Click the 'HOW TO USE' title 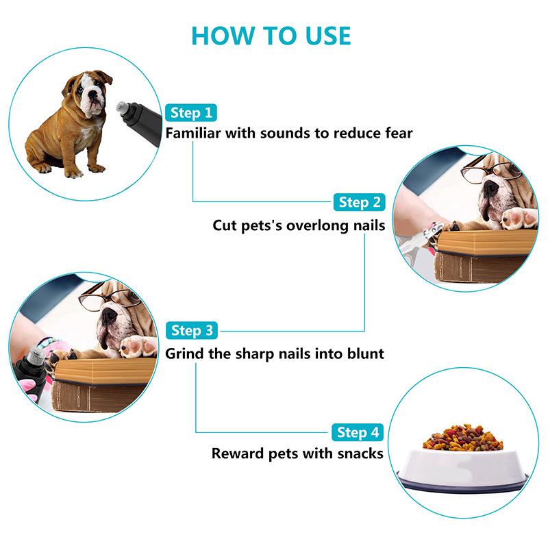271,36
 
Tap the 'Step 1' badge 191,113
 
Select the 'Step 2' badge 359,202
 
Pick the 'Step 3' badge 192,331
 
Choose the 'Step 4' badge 358,433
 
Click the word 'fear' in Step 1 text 399,133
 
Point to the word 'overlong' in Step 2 319,225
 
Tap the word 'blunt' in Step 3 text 366,353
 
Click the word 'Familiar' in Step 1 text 193,133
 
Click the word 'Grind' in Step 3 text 184,353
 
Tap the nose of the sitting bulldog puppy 92,94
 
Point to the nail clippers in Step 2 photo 418,239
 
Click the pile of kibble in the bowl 463,438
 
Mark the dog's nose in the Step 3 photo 110,315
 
